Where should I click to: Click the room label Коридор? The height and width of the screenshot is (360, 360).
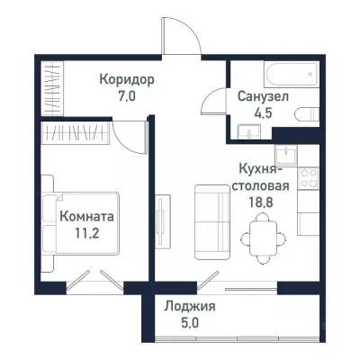127,79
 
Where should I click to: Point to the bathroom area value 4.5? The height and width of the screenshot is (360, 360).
262,113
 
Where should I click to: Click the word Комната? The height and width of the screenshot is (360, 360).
86,217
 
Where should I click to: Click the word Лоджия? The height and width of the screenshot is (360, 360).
190,306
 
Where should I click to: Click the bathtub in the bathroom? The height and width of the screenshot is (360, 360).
269,74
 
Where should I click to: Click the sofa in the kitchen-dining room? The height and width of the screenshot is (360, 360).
212,215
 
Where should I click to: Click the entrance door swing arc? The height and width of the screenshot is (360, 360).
180,36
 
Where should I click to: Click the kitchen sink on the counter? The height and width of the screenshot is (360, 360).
286,154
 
